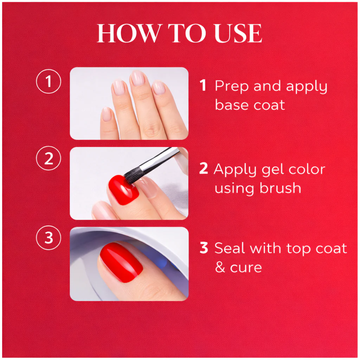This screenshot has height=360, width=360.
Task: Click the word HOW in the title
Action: [128, 33]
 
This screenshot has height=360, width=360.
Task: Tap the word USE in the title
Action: [238, 33]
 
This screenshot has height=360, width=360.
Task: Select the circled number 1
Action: [49, 81]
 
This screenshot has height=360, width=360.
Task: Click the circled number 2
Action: [49, 158]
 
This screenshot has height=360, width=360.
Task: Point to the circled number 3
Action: [49, 238]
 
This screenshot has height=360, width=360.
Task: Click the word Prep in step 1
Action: [232, 87]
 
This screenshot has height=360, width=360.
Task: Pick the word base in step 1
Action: [232, 105]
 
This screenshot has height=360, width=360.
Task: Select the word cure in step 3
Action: [246, 268]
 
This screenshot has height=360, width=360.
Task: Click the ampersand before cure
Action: [220, 267]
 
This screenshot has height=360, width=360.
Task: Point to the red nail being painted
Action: [123, 190]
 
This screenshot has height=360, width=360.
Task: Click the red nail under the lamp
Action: [121, 262]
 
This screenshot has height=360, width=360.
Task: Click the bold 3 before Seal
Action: [204, 248]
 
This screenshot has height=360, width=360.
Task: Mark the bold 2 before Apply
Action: [204, 168]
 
